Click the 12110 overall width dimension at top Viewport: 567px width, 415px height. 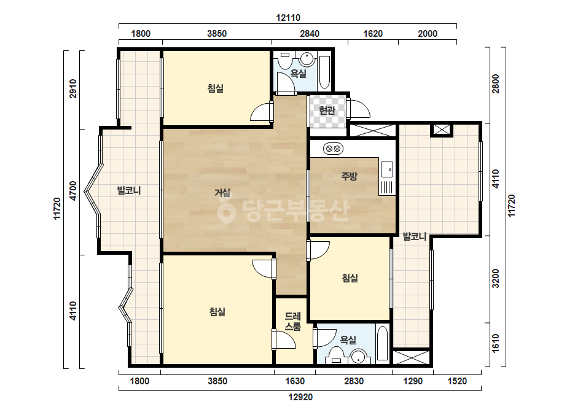click(x=288, y=18)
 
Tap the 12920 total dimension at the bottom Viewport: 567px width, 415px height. click(x=300, y=397)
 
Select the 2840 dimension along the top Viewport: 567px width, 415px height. click(x=310, y=34)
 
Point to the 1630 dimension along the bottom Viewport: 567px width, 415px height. click(x=295, y=381)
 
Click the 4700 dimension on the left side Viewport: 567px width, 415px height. click(x=73, y=191)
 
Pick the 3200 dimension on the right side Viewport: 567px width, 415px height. click(x=495, y=278)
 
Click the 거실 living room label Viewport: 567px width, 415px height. click(x=222, y=192)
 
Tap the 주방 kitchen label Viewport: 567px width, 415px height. click(x=350, y=176)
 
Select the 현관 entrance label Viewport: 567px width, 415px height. click(x=327, y=111)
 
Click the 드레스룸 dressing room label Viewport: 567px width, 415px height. click(x=292, y=321)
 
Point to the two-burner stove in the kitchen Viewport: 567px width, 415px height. click(x=333, y=148)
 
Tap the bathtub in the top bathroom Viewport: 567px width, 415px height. click(x=325, y=72)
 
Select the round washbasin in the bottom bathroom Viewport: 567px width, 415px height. click(x=358, y=356)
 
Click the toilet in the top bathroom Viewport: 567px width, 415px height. click(x=285, y=61)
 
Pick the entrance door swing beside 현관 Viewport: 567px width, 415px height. click(x=358, y=108)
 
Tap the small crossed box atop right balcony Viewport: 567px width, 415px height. click(x=442, y=130)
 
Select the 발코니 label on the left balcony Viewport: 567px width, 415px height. click(x=129, y=190)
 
